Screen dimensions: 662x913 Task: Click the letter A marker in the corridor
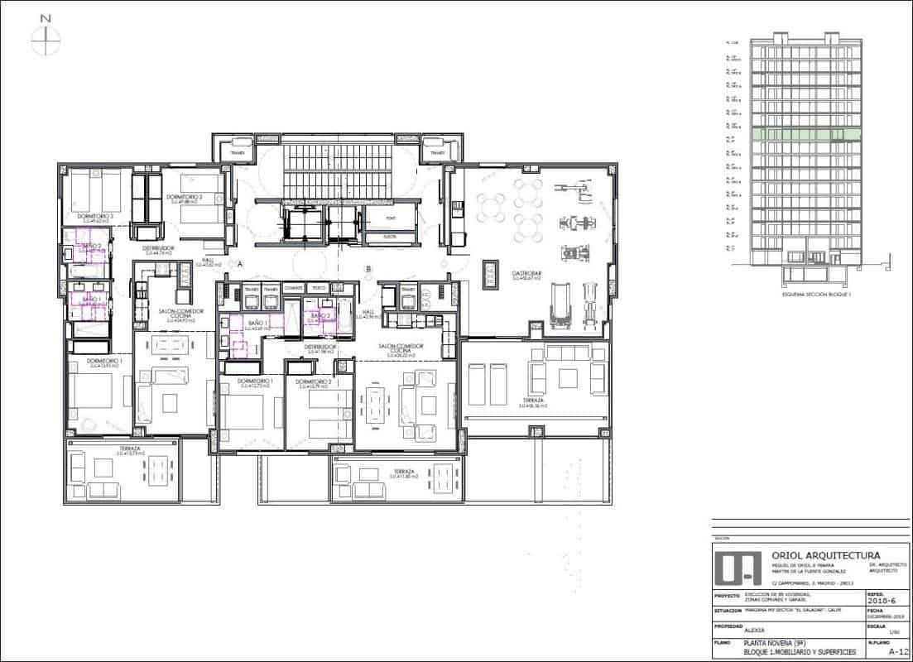tap(240, 264)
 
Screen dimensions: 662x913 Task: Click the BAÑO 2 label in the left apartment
tap(90, 246)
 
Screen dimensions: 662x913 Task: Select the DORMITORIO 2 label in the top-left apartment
tap(185, 197)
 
